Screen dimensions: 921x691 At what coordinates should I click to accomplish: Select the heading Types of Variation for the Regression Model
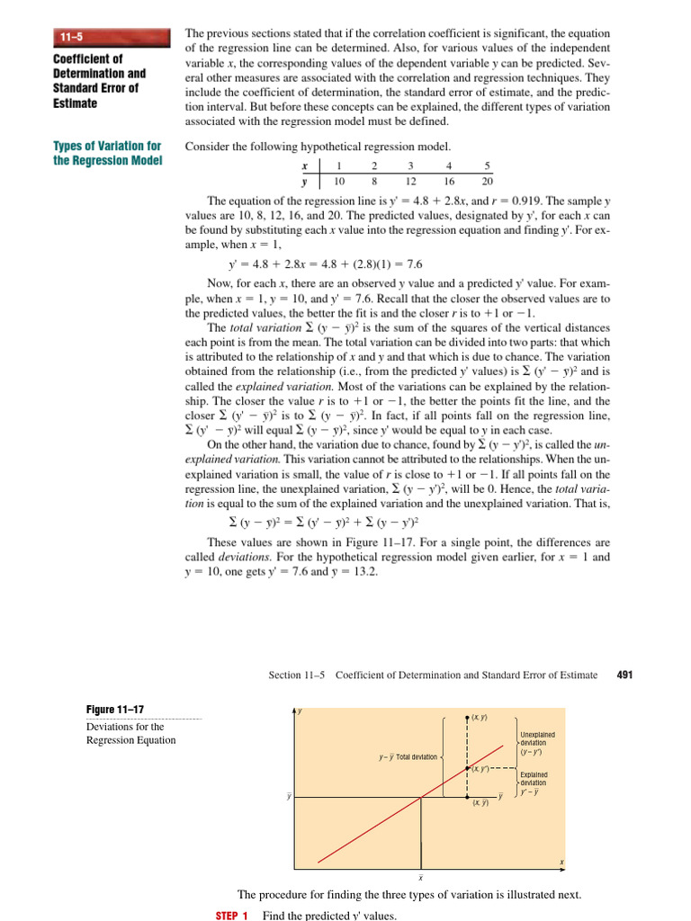[107, 153]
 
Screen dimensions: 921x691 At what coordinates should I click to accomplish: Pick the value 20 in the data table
[487, 180]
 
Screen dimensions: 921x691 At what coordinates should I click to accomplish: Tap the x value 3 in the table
[411, 165]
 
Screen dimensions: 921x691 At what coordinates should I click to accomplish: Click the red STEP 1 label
[231, 915]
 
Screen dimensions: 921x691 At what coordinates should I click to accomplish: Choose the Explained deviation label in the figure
[536, 782]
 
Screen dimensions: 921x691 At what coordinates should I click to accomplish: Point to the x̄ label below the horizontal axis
[420, 877]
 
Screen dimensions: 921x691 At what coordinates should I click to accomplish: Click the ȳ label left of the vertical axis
[288, 796]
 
